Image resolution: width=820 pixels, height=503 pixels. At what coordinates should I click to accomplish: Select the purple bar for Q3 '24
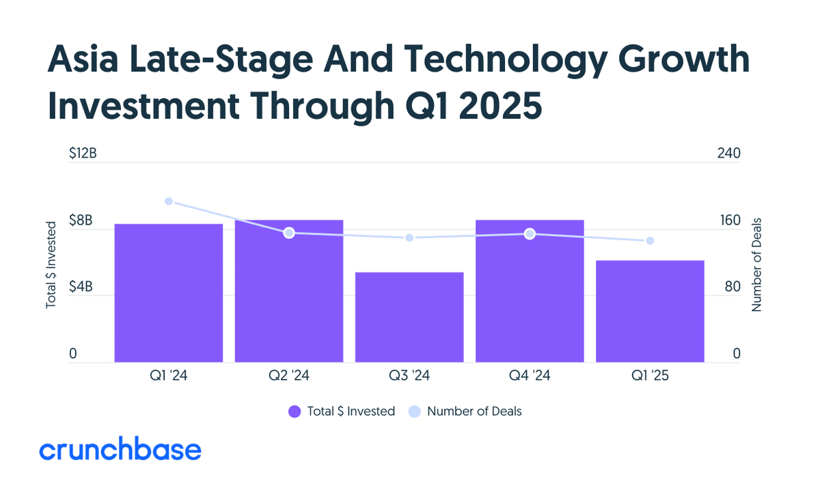point(409,317)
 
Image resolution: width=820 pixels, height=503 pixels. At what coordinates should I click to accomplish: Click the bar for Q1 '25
point(650,311)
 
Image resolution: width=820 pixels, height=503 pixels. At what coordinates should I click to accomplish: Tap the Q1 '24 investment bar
point(169,293)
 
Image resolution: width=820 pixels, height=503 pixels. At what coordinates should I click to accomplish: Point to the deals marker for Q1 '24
point(169,201)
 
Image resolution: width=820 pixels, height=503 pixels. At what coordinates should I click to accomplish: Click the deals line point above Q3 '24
point(409,238)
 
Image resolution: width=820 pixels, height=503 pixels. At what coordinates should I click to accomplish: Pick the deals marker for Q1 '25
point(650,241)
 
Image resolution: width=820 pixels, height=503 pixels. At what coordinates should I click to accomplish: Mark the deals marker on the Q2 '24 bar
point(289,233)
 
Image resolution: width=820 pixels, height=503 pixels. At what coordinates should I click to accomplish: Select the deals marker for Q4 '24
point(530,234)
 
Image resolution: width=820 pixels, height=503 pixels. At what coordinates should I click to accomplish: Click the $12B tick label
point(83,153)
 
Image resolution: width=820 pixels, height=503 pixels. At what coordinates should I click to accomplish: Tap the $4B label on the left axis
point(81,287)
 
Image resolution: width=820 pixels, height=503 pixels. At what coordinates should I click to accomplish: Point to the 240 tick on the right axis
point(729,153)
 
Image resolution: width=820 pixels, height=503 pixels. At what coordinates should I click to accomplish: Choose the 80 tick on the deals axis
point(733,287)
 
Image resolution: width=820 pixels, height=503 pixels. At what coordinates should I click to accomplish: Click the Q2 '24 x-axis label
point(289,375)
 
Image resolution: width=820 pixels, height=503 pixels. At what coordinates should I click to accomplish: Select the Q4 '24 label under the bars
point(530,375)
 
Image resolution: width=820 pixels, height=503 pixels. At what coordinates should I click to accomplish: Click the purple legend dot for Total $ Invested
point(295,412)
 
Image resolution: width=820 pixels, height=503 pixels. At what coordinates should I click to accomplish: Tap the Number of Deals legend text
point(474,412)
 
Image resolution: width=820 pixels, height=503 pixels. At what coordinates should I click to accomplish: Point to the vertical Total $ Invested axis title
point(51,265)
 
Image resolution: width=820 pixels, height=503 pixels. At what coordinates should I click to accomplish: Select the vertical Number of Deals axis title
point(756,265)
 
